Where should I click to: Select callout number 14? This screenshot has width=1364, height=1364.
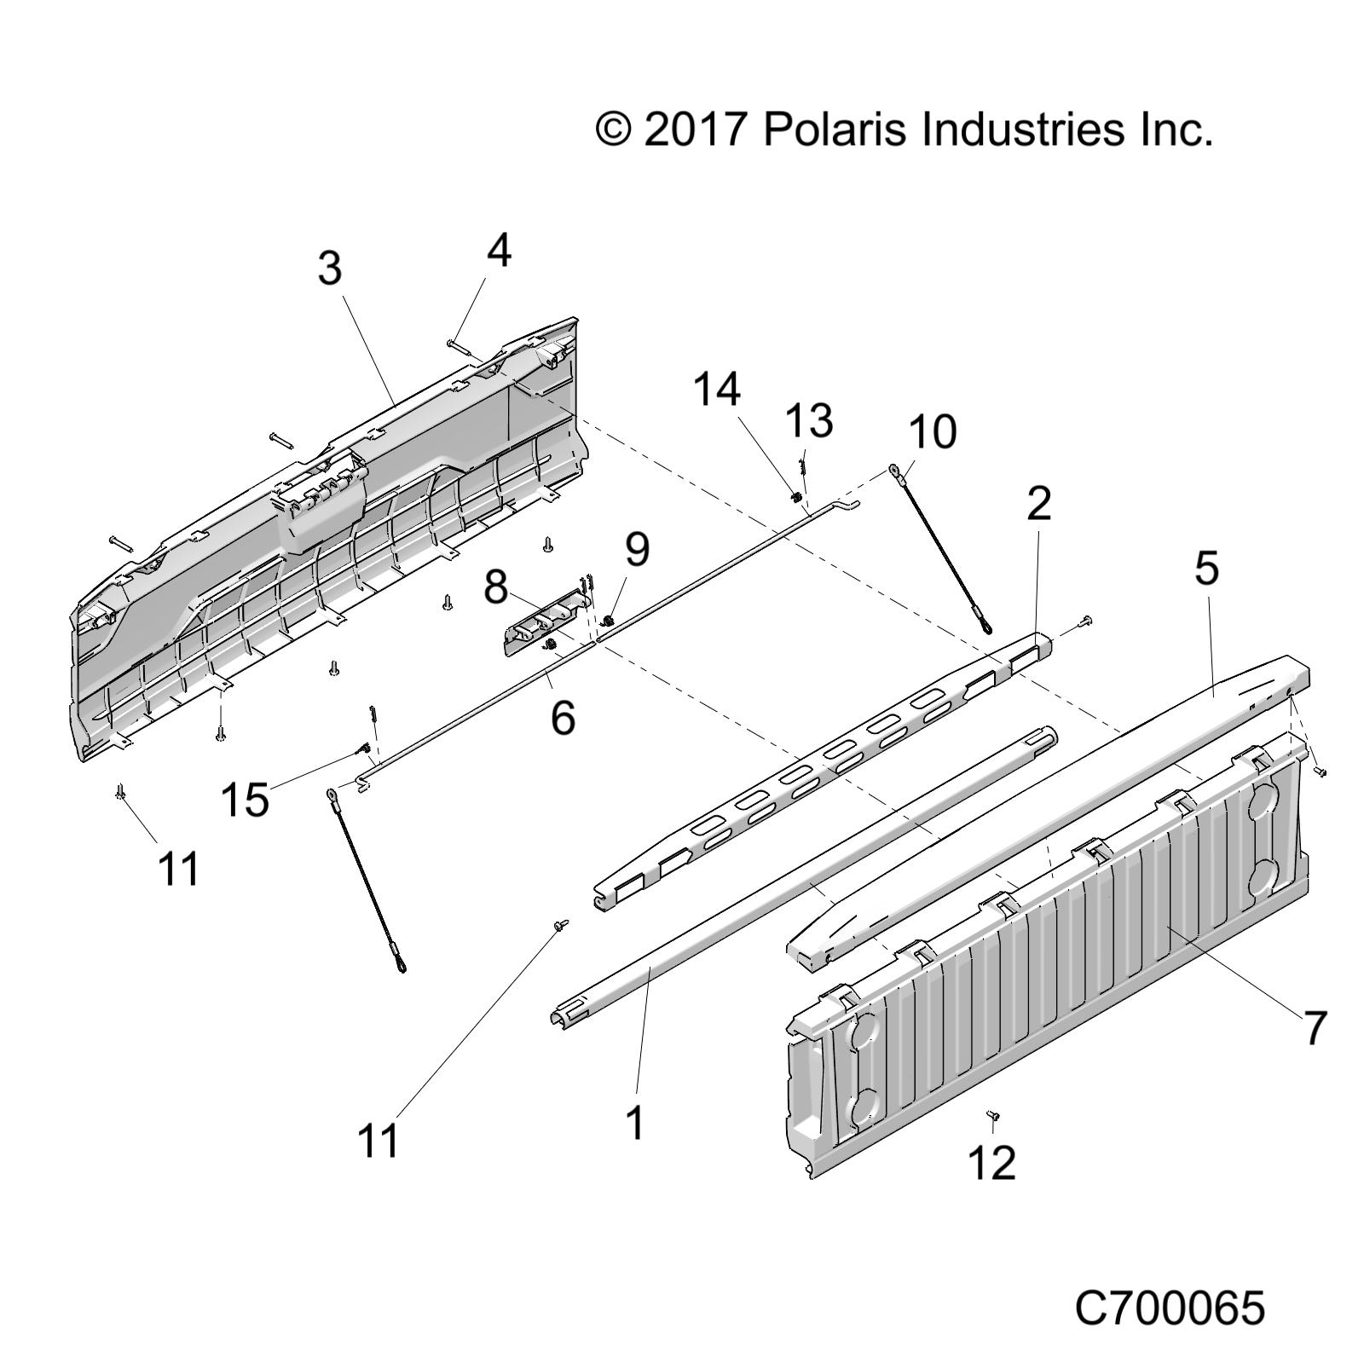tap(716, 390)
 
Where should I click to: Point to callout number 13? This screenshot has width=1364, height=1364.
tap(808, 421)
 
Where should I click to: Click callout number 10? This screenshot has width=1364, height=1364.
tap(932, 431)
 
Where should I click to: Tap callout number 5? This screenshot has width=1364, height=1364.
tap(1206, 568)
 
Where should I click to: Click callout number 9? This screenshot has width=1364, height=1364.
tap(636, 548)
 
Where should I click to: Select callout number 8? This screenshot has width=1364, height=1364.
tap(496, 587)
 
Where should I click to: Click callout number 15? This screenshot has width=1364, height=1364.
tap(245, 800)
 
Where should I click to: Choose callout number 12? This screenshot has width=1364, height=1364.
tap(992, 1162)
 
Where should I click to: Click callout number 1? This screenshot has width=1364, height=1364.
tap(636, 1122)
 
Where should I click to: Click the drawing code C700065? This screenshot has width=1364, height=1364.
tap(1170, 1308)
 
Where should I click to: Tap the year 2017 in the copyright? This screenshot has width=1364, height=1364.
tap(696, 130)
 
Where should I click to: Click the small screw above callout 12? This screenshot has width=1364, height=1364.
tap(993, 1115)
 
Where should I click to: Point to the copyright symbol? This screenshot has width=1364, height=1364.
tap(614, 130)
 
